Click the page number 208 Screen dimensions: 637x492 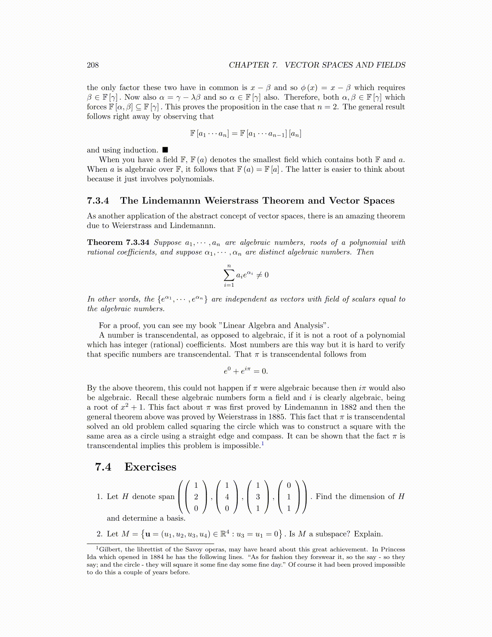[92, 65]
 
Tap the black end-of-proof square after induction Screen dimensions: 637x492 [165, 150]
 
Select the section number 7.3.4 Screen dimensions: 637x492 [98, 201]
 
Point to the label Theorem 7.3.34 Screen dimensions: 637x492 [118, 242]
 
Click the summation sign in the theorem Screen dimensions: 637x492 [229, 275]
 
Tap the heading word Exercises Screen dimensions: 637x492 [150, 467]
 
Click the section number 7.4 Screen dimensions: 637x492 [103, 467]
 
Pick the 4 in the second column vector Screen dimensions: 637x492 [227, 497]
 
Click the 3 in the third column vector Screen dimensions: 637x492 [258, 497]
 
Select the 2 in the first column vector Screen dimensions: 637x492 [196, 497]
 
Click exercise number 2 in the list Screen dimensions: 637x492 [99, 534]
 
